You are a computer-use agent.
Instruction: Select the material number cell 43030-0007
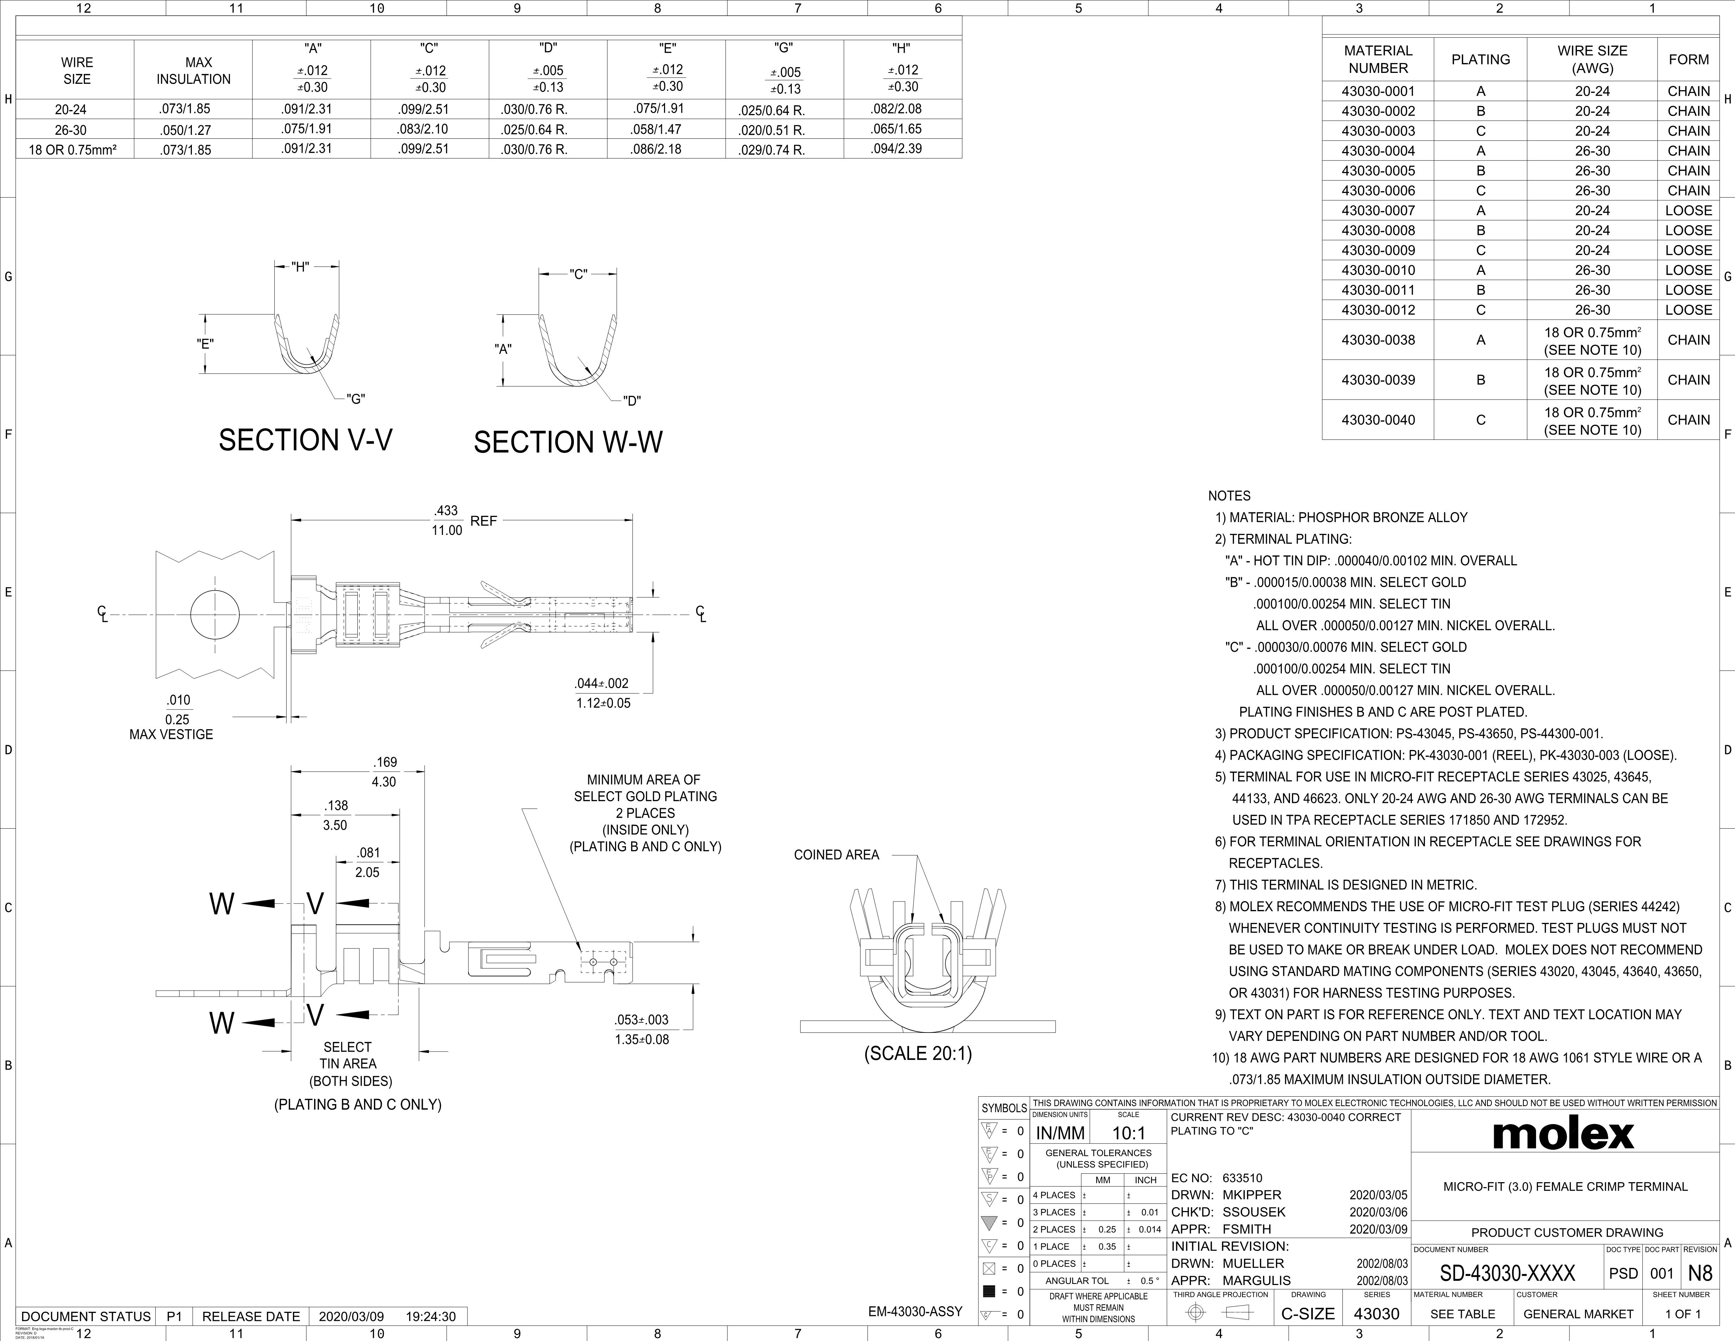[x=1378, y=211]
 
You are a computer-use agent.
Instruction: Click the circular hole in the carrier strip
[x=214, y=614]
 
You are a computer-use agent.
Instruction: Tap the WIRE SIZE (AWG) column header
[x=1592, y=60]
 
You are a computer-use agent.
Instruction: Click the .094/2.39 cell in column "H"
[x=902, y=149]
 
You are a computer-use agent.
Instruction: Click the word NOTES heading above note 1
[x=1229, y=496]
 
